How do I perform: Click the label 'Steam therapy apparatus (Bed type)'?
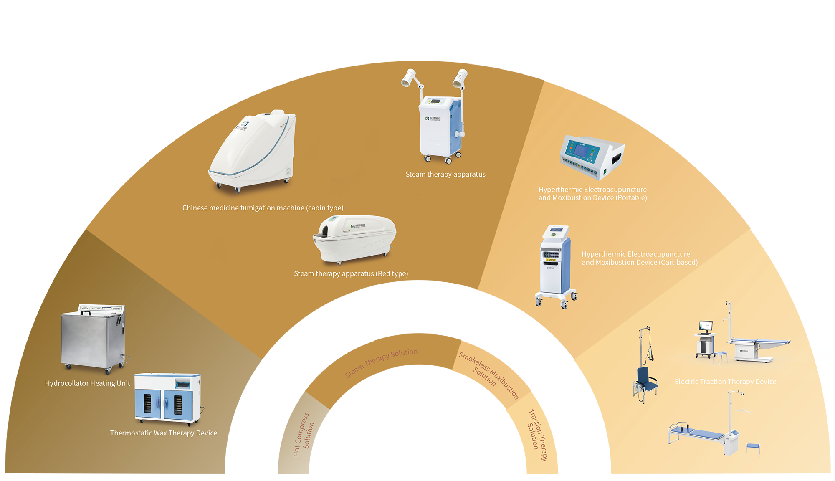pyautogui.click(x=351, y=274)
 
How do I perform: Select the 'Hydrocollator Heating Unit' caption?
pyautogui.click(x=87, y=383)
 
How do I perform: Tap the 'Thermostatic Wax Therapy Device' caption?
pyautogui.click(x=163, y=433)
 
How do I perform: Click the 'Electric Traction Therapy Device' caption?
pyautogui.click(x=725, y=382)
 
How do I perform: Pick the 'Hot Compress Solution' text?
pyautogui.click(x=304, y=434)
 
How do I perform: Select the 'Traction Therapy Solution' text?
pyautogui.click(x=537, y=434)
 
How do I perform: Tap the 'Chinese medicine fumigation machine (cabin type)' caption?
pyautogui.click(x=263, y=208)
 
